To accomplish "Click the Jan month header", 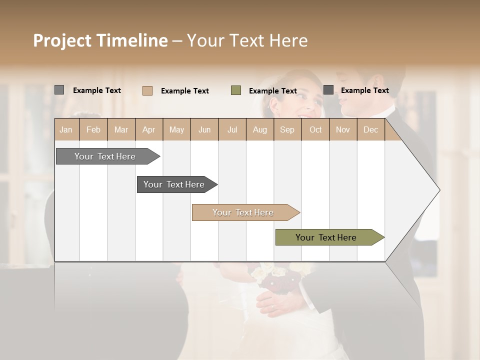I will (66, 129).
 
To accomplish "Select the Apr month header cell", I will (149, 129).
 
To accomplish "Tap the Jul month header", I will (232, 129).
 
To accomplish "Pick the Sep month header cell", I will (287, 129).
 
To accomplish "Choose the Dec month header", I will (370, 129).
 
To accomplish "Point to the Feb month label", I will (93, 129).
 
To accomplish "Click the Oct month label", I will (315, 129).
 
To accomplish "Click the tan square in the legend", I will (147, 90).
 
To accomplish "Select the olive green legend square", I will (236, 90).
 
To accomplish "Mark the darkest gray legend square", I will (328, 90).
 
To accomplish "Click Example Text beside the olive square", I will (273, 91).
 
